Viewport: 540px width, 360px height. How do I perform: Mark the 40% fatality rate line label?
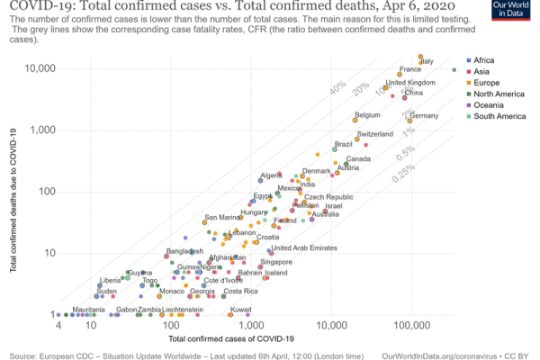(x=337, y=89)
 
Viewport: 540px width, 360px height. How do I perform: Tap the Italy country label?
(x=427, y=61)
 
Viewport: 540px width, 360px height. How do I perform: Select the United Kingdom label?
(x=410, y=83)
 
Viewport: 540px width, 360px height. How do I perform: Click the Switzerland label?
(x=375, y=134)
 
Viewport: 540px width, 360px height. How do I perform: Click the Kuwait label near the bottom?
(x=240, y=310)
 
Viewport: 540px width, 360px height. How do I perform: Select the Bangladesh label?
(x=185, y=251)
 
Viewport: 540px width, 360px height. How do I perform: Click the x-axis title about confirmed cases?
(x=231, y=338)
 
